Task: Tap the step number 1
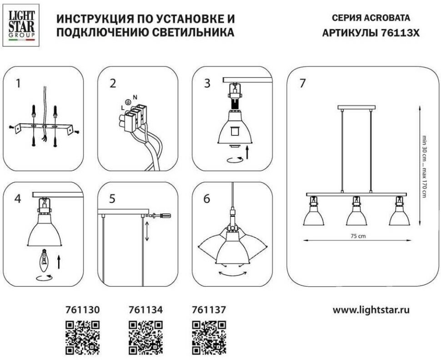point(18,84)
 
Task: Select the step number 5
point(112,198)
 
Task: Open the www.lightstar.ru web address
point(371,310)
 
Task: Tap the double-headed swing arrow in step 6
point(232,274)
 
